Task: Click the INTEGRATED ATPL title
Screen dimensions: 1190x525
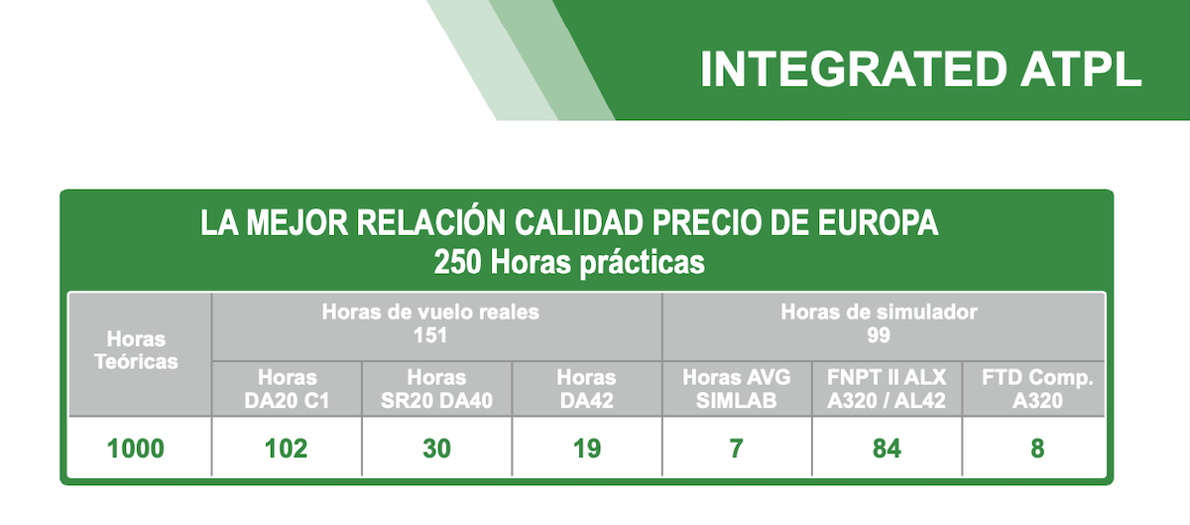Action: (920, 69)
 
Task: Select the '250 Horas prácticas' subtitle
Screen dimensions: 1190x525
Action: (569, 262)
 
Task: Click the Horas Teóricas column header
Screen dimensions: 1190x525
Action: (136, 350)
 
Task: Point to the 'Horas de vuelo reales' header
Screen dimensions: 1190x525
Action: (430, 313)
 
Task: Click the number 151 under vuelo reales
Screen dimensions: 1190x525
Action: (430, 335)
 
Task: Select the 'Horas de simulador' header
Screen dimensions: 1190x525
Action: (879, 313)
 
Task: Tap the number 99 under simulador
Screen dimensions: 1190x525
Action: (879, 335)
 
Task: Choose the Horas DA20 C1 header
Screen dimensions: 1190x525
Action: (287, 389)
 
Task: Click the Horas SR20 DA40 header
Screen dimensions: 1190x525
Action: (436, 389)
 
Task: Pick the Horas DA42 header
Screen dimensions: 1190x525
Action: (586, 389)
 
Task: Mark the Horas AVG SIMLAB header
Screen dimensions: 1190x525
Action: (736, 389)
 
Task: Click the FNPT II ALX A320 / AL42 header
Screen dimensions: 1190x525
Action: (887, 389)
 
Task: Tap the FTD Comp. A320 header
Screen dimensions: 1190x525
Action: (1037, 389)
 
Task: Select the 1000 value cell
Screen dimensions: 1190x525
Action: (136, 449)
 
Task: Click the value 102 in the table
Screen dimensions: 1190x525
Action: (287, 449)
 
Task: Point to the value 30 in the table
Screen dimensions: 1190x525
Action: (436, 449)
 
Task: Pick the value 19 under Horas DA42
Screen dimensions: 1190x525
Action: (587, 449)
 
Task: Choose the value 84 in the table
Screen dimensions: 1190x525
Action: (887, 449)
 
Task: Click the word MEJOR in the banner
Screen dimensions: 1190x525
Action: (297, 223)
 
